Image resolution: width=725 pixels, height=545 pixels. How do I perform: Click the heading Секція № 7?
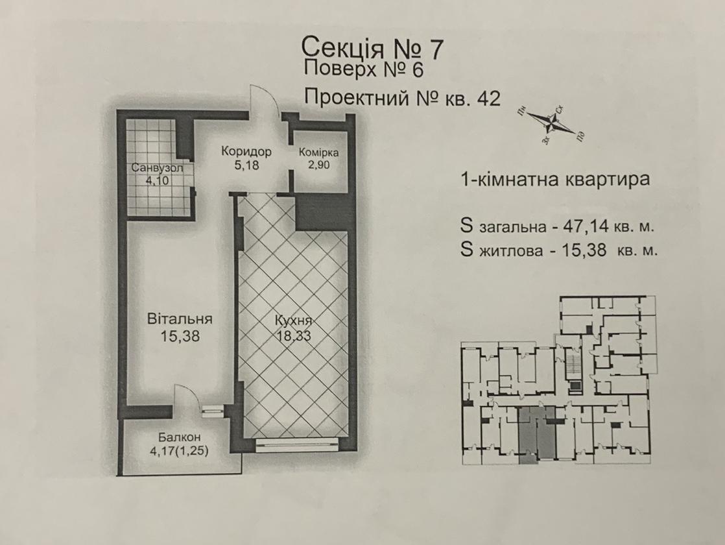(372, 47)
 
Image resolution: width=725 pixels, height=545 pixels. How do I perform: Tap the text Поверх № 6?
(363, 70)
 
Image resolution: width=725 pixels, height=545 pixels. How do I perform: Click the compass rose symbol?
(551, 124)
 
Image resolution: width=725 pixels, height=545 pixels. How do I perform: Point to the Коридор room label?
(246, 151)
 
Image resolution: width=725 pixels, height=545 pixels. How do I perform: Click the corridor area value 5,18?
(246, 165)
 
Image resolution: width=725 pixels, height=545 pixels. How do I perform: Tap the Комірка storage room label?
(318, 152)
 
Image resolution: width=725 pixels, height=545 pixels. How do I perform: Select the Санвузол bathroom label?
(157, 167)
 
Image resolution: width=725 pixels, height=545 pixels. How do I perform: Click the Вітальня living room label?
(180, 319)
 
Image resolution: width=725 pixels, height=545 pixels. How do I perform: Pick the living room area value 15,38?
(180, 336)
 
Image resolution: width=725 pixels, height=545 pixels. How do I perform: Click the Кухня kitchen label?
(294, 321)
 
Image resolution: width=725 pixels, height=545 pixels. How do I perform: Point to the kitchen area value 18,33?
(294, 336)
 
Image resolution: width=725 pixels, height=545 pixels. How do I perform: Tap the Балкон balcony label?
(179, 437)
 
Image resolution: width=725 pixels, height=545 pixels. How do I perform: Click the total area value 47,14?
(586, 226)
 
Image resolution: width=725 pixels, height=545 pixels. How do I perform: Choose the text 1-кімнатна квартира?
(555, 179)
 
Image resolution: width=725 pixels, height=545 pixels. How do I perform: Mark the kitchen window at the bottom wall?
(296, 444)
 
